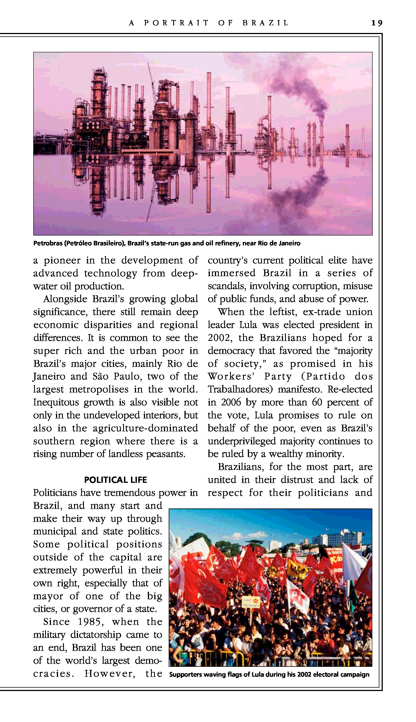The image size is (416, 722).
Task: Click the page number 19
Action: [377, 23]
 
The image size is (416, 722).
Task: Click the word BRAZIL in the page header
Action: [265, 23]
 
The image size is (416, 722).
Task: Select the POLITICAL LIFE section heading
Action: [115, 480]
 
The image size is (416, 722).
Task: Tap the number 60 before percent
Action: [317, 402]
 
